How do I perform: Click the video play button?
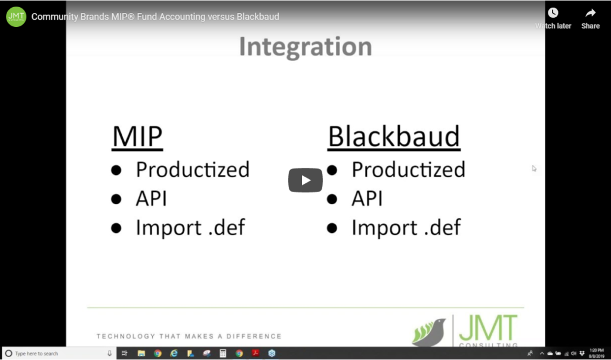click(305, 180)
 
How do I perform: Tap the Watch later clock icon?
click(553, 13)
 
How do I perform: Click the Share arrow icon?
click(590, 13)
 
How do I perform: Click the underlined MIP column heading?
click(137, 137)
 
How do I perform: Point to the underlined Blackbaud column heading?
click(394, 137)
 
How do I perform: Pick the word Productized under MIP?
click(192, 170)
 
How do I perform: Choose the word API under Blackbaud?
click(367, 199)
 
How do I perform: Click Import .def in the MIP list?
click(190, 227)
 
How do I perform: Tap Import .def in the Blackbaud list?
click(406, 227)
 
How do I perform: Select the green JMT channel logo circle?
click(16, 17)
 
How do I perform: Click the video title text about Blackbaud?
click(155, 17)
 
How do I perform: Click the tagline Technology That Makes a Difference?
click(189, 336)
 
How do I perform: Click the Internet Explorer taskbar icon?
click(174, 353)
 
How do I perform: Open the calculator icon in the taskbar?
click(223, 353)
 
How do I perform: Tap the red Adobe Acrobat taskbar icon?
click(255, 353)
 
